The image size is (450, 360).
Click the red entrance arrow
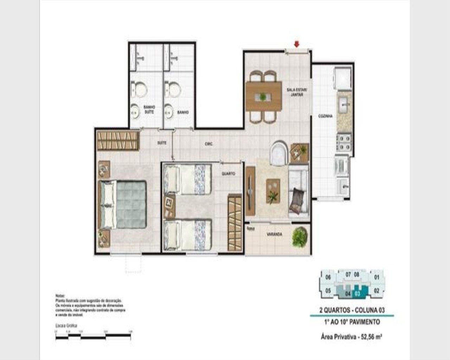pyautogui.click(x=297, y=44)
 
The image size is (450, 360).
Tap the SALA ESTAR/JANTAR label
pyautogui.click(x=297, y=92)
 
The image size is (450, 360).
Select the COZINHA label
pyautogui.click(x=325, y=116)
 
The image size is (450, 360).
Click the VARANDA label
pyautogui.click(x=274, y=234)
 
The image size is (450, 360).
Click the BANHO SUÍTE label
pyautogui.click(x=149, y=109)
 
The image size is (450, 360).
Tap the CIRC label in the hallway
pyautogui.click(x=209, y=144)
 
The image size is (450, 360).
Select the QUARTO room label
pyautogui.click(x=228, y=174)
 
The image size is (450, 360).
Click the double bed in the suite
pyautogui.click(x=123, y=204)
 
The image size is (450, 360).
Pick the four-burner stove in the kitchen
pyautogui.click(x=344, y=142)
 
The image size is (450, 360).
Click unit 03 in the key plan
pyautogui.click(x=358, y=293)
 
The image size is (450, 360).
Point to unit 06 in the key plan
pyautogui.click(x=328, y=277)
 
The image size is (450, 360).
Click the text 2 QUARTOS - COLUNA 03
pyautogui.click(x=352, y=310)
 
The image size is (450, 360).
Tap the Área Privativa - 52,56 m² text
pyautogui.click(x=352, y=336)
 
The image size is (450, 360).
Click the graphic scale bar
pyautogui.click(x=94, y=336)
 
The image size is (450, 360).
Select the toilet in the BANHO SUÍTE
pyautogui.click(x=140, y=89)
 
